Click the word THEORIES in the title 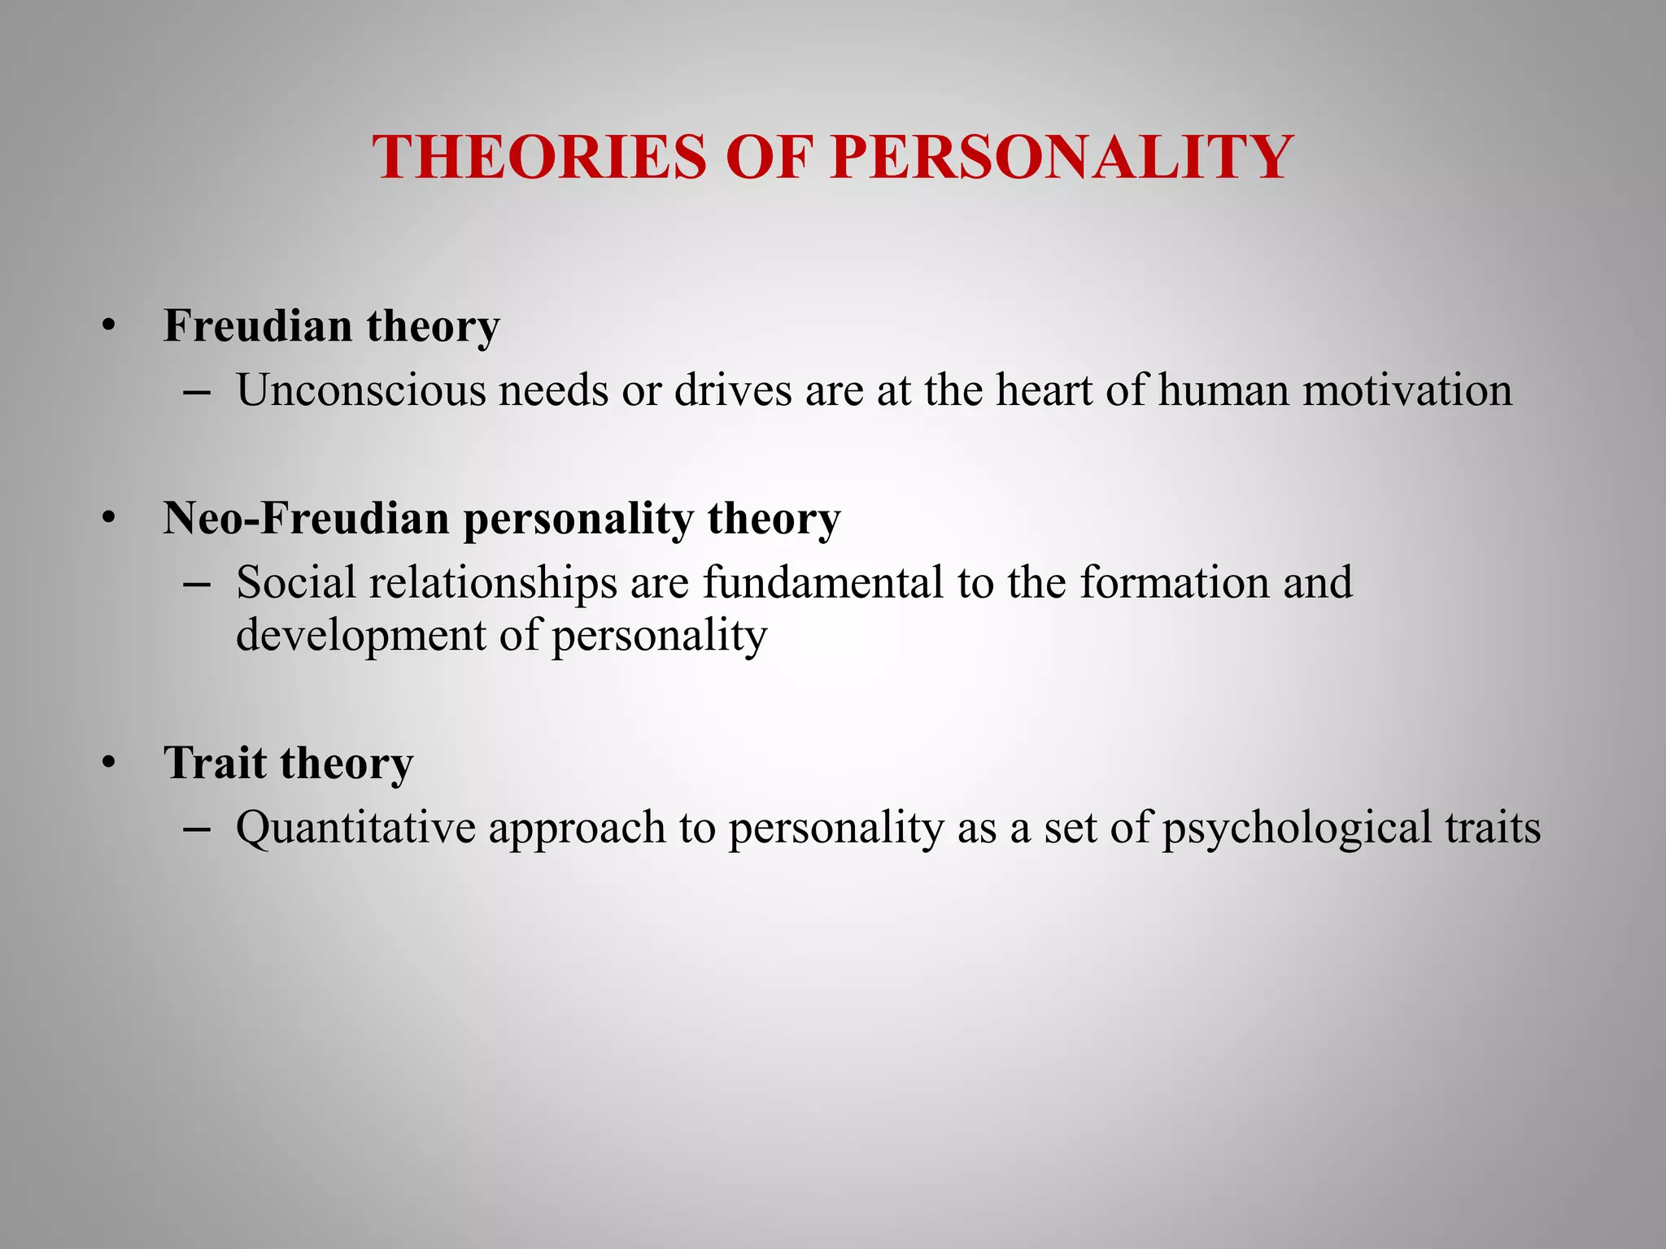pos(539,157)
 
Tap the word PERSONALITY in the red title pos(1062,157)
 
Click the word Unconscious pos(360,390)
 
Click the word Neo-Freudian pos(306,518)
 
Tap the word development pos(360,636)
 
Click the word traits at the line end pos(1493,828)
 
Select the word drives pos(733,390)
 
